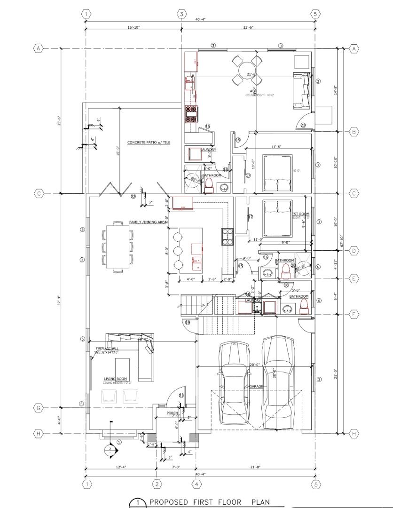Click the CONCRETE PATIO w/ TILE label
[x=148, y=143]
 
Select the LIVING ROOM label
[x=115, y=379]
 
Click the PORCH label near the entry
[x=173, y=413]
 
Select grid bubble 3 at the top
[x=181, y=14]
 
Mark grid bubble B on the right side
[x=354, y=132]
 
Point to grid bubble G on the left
[x=39, y=408]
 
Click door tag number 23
[x=303, y=125]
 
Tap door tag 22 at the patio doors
[x=133, y=196]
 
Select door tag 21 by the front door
[x=181, y=396]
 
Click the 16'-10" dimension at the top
[x=134, y=28]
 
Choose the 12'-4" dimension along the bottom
[x=121, y=467]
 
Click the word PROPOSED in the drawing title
[x=169, y=502]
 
